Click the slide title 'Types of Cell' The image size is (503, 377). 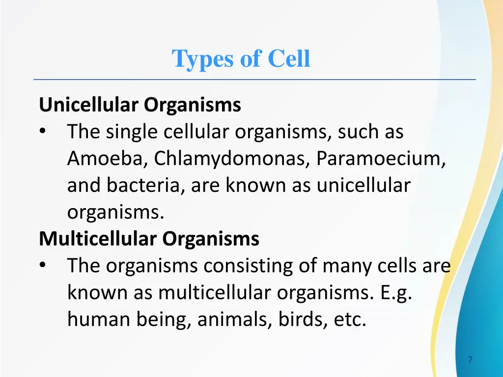point(241,59)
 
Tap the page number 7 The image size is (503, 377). point(470,360)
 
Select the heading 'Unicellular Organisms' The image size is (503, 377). point(140,105)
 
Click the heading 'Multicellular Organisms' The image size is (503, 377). point(149,239)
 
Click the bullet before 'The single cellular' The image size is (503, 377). point(43,132)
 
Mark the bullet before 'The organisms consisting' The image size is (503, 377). point(43,266)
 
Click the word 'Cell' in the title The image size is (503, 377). point(289,59)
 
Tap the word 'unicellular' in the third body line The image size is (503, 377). point(363,186)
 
